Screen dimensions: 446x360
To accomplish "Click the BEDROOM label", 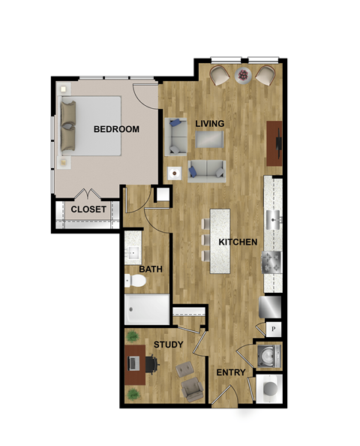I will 116,129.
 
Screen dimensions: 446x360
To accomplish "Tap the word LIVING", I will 210,123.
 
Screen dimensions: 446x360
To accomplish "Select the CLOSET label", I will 89,209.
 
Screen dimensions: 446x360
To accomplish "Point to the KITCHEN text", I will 238,243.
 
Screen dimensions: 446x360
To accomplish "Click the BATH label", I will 151,269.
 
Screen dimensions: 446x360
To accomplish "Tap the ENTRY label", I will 229,373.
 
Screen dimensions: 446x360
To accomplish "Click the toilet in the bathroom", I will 135,282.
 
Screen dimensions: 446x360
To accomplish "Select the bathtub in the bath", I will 147,309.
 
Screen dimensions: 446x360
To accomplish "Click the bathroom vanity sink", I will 134,252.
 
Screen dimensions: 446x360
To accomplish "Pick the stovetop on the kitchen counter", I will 271,263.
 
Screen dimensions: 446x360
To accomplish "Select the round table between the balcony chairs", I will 244,74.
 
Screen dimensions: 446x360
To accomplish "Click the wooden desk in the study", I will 135,364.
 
